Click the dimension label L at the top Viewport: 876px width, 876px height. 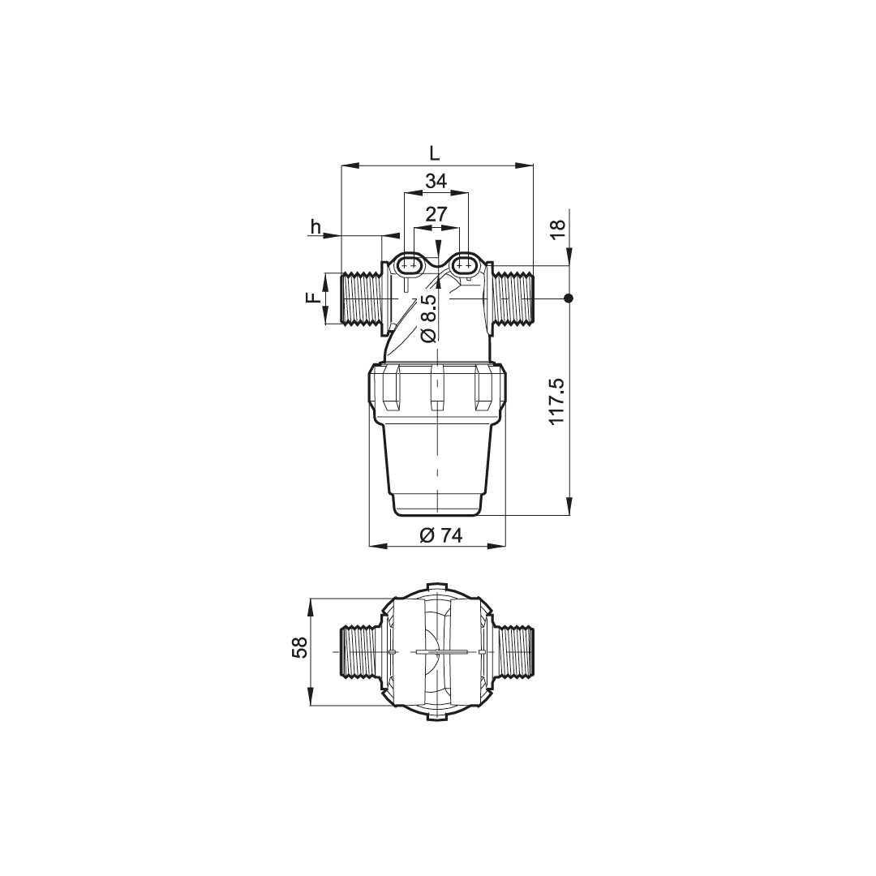(x=435, y=153)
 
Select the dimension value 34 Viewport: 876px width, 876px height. (x=436, y=181)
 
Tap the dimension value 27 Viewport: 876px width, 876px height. (x=436, y=214)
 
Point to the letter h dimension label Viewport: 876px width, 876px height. (x=316, y=227)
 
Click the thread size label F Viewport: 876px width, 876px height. (x=313, y=298)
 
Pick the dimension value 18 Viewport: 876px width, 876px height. (x=558, y=230)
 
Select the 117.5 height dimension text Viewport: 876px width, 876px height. (x=557, y=401)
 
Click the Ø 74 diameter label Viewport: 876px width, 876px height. (x=440, y=535)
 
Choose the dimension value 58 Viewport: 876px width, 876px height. (x=300, y=647)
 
